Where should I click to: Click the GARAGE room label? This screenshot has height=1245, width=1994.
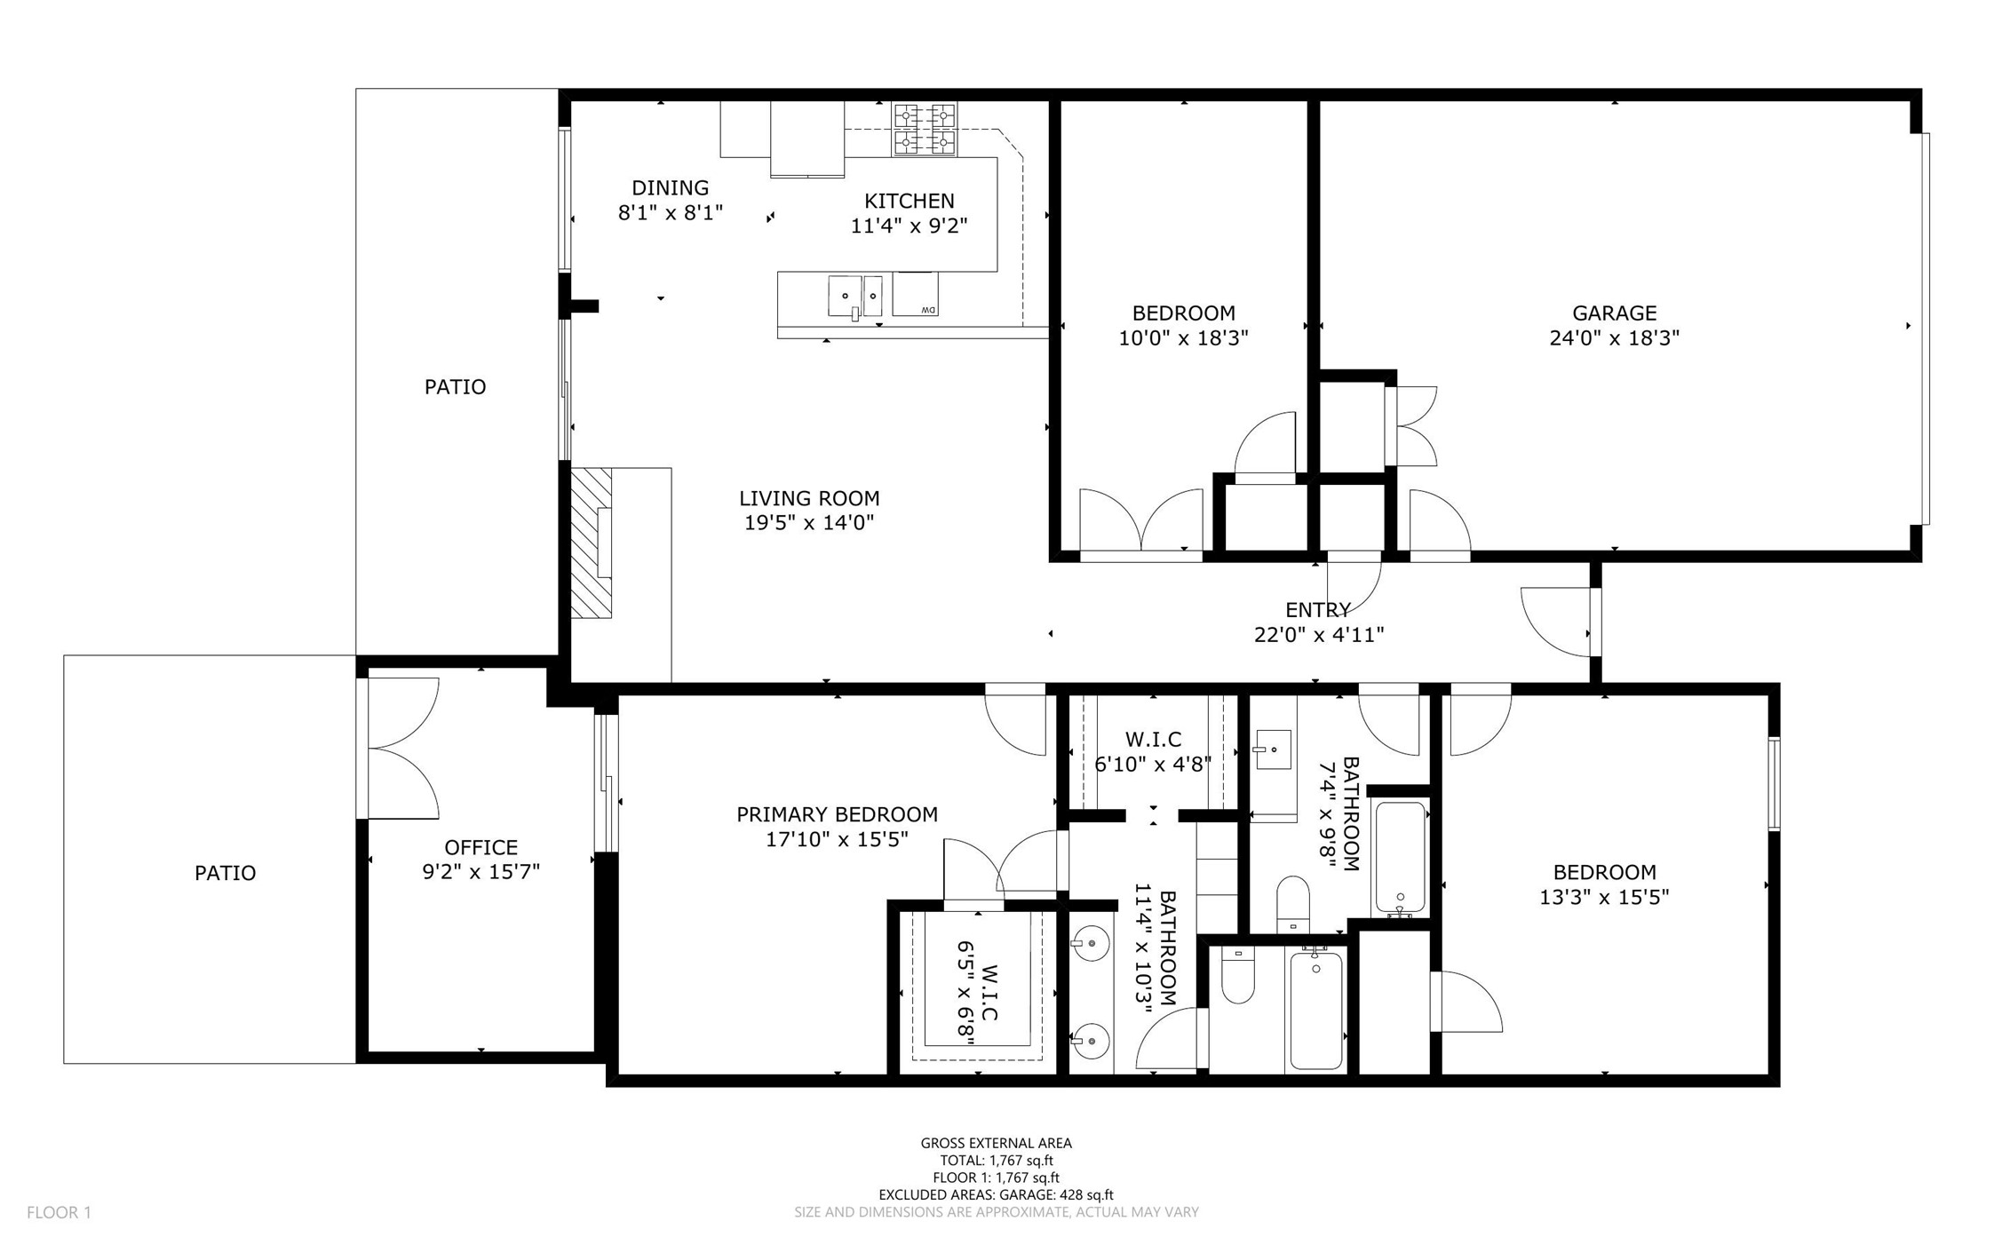1613,313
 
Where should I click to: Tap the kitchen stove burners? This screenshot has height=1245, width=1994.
925,129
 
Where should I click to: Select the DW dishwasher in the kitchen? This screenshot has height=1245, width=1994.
915,294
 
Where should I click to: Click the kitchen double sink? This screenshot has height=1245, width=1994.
854,296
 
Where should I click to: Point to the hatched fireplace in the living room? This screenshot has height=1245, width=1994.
591,543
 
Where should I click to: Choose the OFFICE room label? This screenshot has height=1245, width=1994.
481,847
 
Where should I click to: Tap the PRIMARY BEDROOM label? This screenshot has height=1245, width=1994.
837,814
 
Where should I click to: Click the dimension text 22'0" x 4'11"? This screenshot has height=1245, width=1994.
1319,634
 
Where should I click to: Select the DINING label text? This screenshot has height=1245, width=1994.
670,187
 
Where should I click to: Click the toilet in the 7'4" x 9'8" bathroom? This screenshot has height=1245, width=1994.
1293,903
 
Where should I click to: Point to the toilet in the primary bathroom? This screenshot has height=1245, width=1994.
1237,975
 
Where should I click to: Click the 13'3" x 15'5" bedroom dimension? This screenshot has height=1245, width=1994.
1604,897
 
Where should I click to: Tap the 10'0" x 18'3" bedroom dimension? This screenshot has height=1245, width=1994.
1183,337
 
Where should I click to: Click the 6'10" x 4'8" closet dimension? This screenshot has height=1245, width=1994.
1153,764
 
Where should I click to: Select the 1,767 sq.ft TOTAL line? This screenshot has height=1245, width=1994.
997,1161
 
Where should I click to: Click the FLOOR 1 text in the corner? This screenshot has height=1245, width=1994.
59,1212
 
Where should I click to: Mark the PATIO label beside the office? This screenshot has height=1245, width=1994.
225,873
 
